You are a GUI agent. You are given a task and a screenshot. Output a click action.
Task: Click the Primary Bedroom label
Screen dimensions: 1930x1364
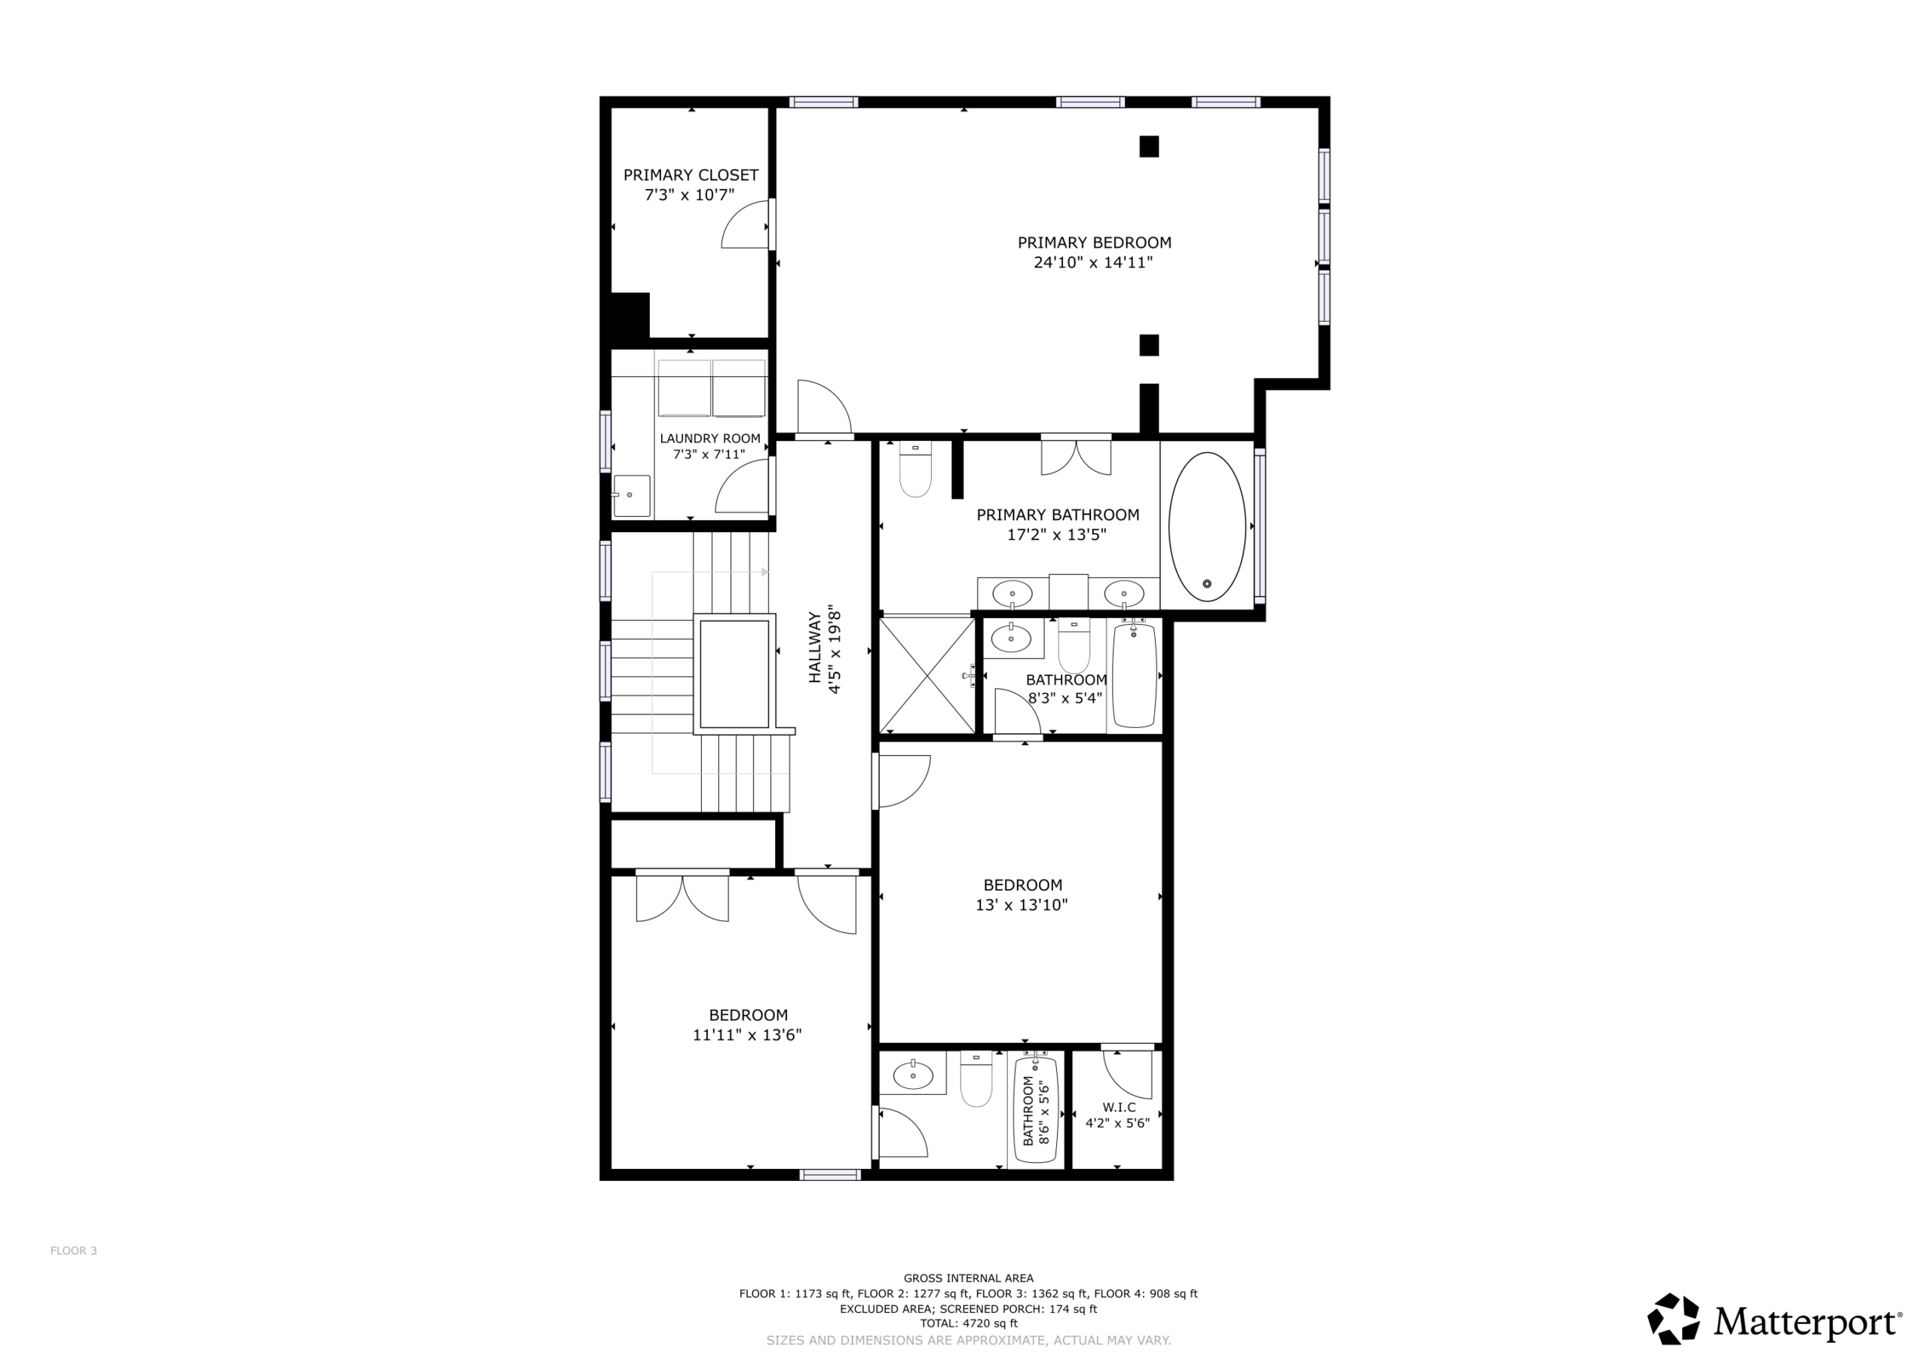(1094, 243)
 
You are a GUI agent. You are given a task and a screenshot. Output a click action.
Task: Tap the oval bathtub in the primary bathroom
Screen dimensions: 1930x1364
(1207, 527)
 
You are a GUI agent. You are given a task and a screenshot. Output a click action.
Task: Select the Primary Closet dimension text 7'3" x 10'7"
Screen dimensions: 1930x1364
(689, 195)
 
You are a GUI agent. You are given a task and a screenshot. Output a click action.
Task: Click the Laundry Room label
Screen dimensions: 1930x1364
(709, 439)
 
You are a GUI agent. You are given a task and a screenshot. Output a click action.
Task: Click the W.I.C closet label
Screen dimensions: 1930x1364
(1119, 1108)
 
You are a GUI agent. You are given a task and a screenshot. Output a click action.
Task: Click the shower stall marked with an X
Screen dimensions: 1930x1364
(927, 675)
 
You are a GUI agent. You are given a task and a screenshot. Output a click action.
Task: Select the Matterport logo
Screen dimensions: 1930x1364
(1775, 1319)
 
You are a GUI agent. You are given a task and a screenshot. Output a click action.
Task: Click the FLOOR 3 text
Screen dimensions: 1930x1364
(74, 1250)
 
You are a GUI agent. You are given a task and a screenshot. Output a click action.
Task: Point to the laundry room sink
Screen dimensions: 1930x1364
(631, 496)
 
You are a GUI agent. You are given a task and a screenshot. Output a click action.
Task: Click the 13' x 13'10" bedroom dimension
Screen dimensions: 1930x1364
(1022, 905)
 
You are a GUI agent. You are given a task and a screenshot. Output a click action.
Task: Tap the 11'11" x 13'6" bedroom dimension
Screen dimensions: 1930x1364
(746, 1035)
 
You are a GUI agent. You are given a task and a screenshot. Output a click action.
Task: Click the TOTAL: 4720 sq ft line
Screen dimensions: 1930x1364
(968, 1323)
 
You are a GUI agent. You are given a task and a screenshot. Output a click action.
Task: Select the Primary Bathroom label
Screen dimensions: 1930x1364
(1058, 515)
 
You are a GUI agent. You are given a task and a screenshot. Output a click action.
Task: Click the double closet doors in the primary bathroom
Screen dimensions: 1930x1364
(1076, 457)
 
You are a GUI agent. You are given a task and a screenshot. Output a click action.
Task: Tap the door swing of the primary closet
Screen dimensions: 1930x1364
(746, 225)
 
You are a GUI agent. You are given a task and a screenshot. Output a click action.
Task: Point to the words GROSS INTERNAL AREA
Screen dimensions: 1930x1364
(968, 1278)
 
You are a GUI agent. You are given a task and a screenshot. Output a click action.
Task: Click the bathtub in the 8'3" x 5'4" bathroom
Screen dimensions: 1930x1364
(1135, 675)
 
